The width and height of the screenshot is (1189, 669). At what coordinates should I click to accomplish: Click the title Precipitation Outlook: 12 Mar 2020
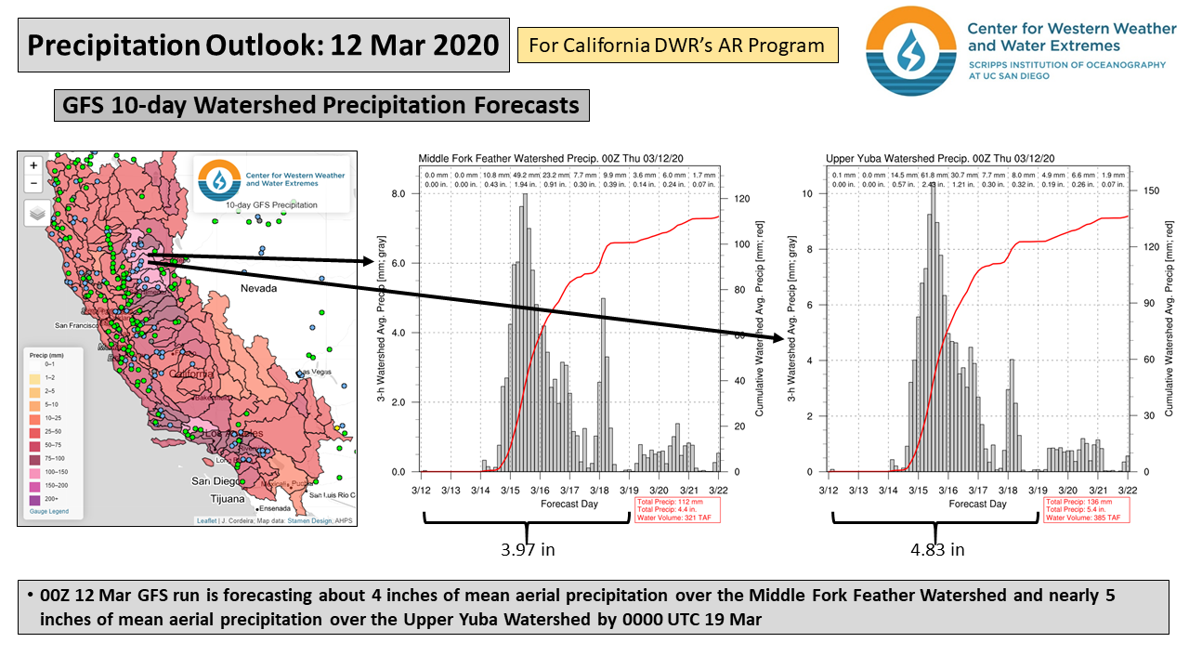[264, 45]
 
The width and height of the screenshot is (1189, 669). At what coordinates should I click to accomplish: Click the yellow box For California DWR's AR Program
[677, 44]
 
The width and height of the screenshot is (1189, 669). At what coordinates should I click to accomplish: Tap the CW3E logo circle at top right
[910, 51]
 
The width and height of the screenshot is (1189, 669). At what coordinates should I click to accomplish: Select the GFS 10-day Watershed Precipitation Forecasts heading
[321, 106]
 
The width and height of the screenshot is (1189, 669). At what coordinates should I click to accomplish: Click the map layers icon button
[35, 213]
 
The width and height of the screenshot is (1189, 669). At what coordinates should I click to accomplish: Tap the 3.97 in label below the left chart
[527, 549]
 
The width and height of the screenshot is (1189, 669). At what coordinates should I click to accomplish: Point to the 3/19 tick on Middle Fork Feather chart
[630, 489]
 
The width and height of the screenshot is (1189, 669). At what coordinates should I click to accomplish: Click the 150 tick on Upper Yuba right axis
[1152, 190]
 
